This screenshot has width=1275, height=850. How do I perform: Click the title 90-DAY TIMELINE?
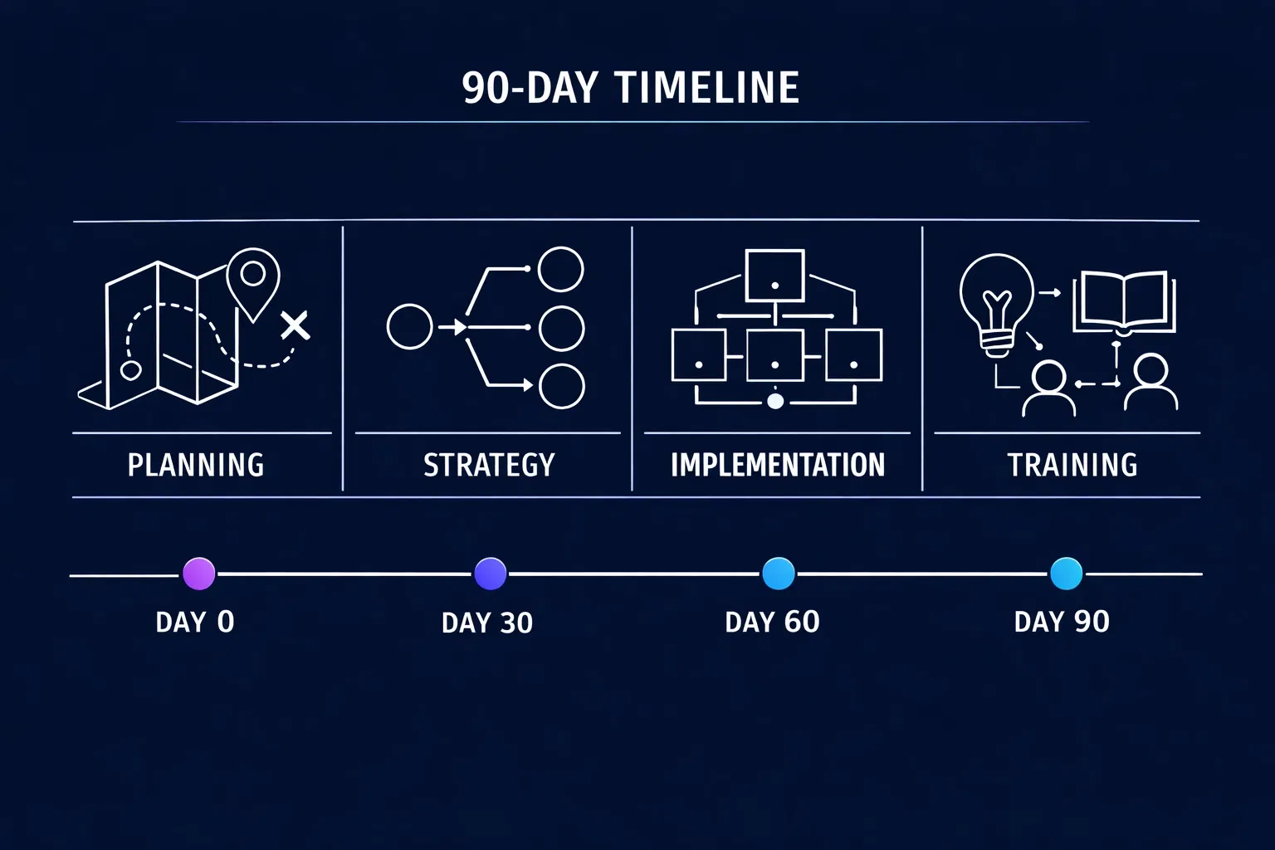click(x=630, y=88)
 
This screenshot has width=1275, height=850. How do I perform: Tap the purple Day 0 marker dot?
click(x=198, y=574)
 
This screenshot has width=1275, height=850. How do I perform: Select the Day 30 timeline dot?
click(x=490, y=574)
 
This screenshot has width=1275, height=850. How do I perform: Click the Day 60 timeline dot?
click(x=778, y=574)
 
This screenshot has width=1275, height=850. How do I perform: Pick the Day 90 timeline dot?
click(x=1066, y=574)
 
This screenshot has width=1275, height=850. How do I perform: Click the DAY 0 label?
click(x=195, y=622)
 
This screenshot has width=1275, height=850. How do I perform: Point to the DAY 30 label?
click(x=487, y=623)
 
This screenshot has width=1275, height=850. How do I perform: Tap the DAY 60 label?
click(x=772, y=622)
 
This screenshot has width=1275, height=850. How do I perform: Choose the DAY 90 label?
click(x=1062, y=622)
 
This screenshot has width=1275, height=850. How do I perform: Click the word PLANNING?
click(x=196, y=465)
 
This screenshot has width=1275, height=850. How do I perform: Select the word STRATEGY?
click(x=489, y=465)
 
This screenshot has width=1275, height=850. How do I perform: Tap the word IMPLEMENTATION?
click(x=778, y=465)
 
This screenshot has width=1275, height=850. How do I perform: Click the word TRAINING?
click(x=1072, y=465)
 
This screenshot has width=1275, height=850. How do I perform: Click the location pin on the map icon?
click(x=253, y=278)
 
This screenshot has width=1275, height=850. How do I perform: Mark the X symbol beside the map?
click(x=295, y=325)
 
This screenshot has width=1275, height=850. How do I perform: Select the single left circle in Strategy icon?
click(x=410, y=326)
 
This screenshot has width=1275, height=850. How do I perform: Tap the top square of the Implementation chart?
click(x=774, y=276)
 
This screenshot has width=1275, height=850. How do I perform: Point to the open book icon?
click(x=1124, y=300)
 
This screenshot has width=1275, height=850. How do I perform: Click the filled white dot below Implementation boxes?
click(x=775, y=402)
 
